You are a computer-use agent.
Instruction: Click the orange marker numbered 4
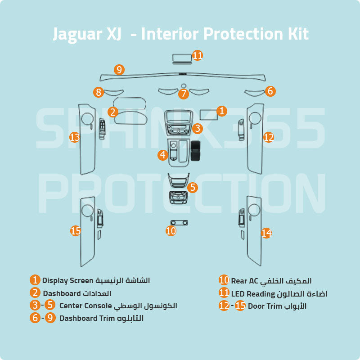(x=162, y=155)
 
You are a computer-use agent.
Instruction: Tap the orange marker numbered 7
(x=183, y=94)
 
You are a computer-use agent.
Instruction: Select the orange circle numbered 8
(x=99, y=92)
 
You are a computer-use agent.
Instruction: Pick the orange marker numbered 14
(x=266, y=233)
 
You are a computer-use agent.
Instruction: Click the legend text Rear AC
(x=244, y=281)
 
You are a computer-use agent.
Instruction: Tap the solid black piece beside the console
(x=196, y=151)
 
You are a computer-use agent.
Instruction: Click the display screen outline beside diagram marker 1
(x=209, y=112)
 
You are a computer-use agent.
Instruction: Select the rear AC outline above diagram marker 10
(x=179, y=222)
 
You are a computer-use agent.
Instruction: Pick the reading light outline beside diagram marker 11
(x=182, y=58)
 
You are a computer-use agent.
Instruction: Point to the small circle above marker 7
(x=183, y=85)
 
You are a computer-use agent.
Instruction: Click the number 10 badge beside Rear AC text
(x=224, y=280)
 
